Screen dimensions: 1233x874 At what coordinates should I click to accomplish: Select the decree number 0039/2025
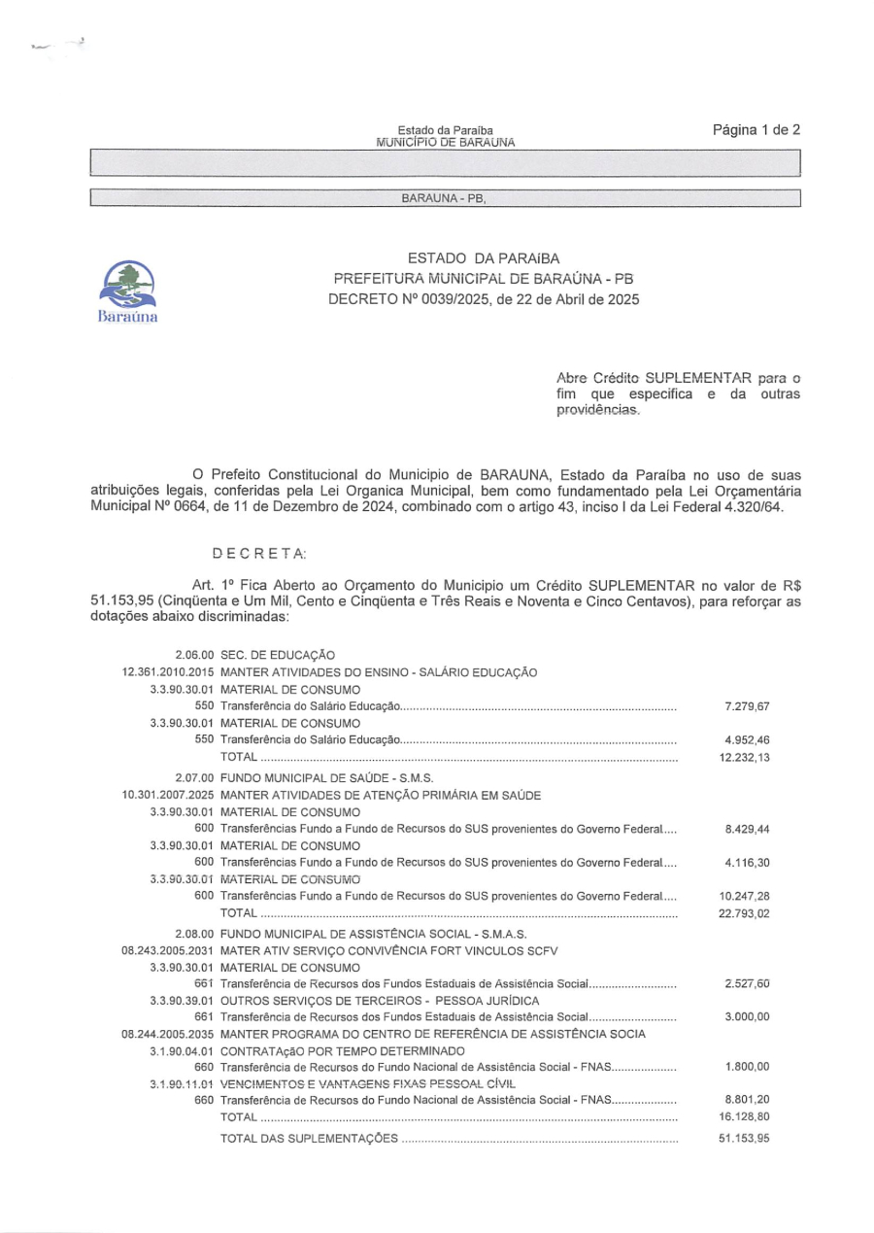tap(443, 300)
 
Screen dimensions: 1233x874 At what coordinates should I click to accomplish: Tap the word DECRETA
tap(259, 553)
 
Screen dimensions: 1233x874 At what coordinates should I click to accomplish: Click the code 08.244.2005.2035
tap(169, 1034)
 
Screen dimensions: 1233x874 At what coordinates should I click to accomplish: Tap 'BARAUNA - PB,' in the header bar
tap(443, 199)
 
